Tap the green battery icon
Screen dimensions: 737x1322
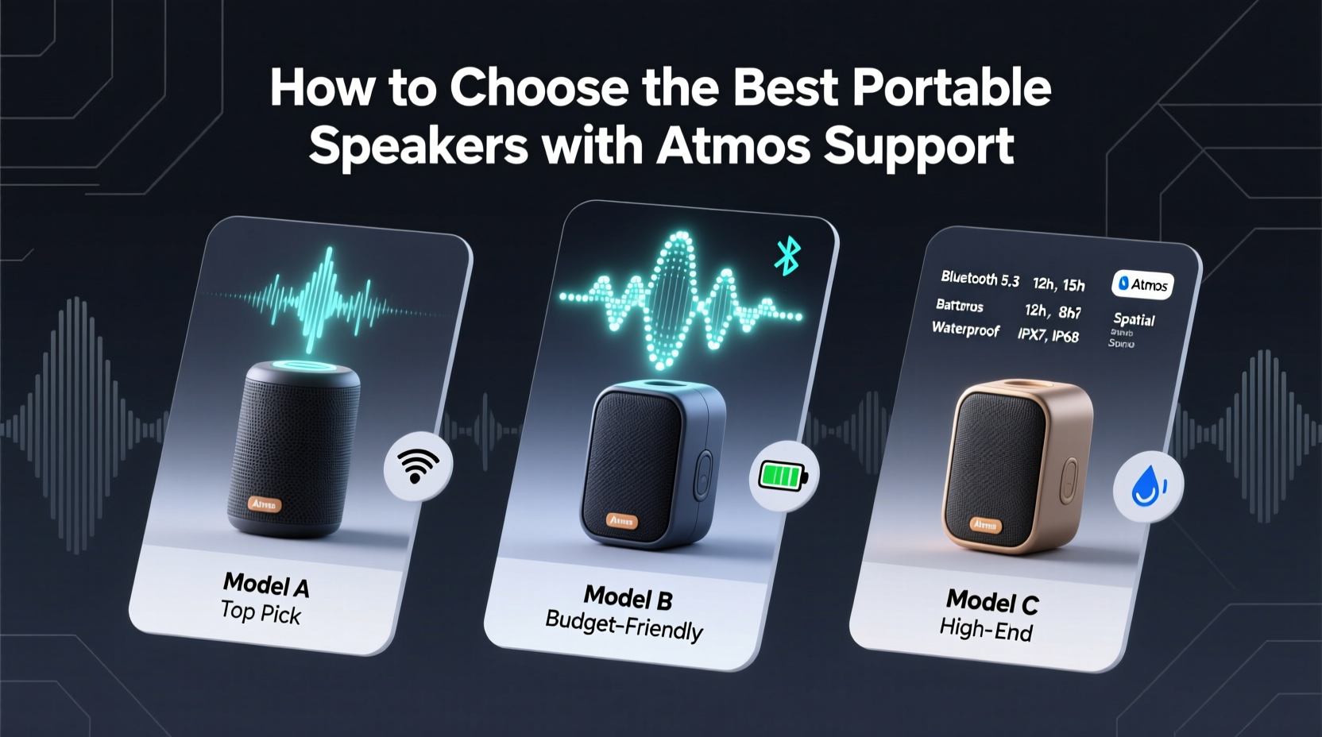coord(783,476)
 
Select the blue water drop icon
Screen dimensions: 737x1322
coord(1147,485)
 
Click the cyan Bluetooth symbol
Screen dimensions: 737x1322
coord(787,256)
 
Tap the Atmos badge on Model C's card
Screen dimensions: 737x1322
coord(1142,284)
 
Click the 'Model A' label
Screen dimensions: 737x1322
coord(265,585)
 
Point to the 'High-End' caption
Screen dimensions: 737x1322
coord(986,630)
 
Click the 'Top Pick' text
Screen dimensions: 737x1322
coord(261,614)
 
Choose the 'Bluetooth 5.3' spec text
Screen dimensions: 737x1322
coord(980,279)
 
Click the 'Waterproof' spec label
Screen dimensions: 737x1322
coord(965,329)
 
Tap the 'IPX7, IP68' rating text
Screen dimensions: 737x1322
coord(1048,334)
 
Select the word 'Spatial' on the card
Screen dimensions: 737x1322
coord(1134,319)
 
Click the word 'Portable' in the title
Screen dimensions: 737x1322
coord(952,89)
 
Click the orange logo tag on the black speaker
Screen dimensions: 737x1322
coord(265,504)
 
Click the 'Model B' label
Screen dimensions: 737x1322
coord(628,596)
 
